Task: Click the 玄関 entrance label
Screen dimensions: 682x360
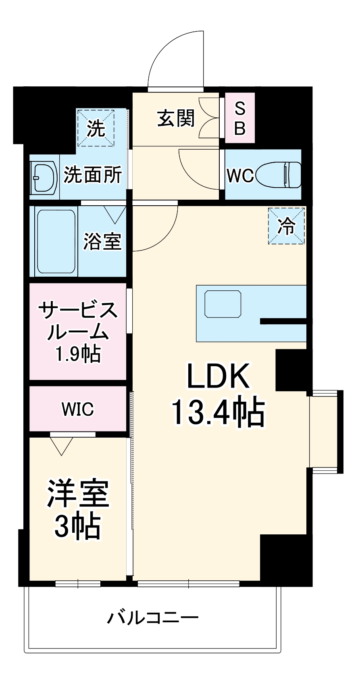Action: [176, 119]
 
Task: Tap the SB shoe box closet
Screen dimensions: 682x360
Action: [240, 118]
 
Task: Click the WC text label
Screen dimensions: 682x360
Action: [240, 175]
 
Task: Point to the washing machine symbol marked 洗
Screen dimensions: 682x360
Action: [96, 128]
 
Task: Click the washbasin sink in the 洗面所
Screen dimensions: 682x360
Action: [44, 177]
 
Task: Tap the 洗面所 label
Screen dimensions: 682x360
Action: [93, 175]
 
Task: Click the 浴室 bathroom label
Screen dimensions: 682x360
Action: [102, 242]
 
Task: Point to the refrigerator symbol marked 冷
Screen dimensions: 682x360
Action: [287, 226]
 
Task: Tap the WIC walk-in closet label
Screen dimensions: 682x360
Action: [78, 409]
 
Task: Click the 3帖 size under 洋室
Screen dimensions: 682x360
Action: [77, 526]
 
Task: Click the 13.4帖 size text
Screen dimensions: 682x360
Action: [218, 412]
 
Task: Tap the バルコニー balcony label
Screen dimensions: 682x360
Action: [153, 618]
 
